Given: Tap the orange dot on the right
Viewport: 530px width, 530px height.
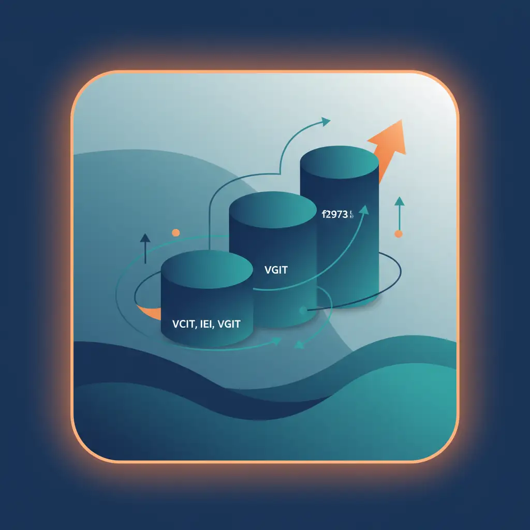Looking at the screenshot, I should point(398,234).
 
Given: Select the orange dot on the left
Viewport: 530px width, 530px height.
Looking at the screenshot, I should point(175,233).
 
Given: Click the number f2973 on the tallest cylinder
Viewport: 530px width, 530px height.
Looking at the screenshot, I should point(334,214).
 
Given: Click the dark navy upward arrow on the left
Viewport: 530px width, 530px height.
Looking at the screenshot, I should point(145,239).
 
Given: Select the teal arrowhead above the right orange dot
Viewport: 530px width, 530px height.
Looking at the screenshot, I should point(398,201).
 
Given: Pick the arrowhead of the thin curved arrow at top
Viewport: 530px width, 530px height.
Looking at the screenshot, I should point(326,122).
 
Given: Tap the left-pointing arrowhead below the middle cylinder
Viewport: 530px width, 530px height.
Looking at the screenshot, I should point(299,344).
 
